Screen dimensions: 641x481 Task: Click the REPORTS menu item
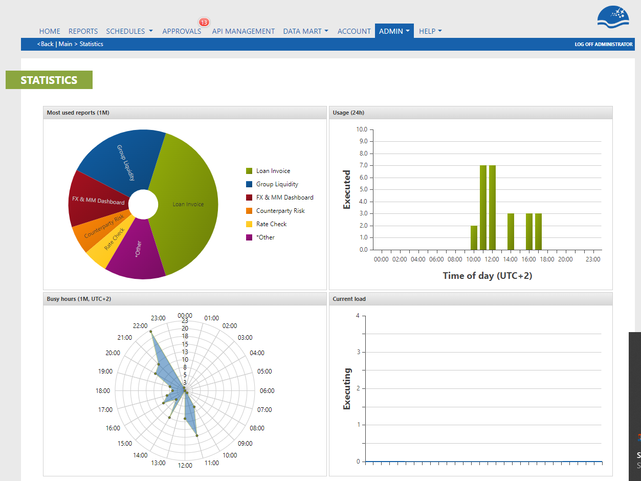tap(83, 31)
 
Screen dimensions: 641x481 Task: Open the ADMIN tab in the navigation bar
tap(394, 31)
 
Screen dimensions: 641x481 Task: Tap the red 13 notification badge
tap(204, 22)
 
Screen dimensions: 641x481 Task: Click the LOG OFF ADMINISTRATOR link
tap(603, 45)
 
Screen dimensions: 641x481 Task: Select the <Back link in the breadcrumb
tap(45, 44)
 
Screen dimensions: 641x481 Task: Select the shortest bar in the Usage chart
tap(474, 238)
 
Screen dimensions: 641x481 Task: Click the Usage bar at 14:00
tap(511, 232)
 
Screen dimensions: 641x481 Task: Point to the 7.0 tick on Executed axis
tap(364, 166)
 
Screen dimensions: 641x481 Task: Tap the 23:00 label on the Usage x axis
tap(593, 259)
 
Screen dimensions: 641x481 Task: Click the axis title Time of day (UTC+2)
tap(488, 276)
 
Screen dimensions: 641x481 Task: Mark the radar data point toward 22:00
tap(151, 332)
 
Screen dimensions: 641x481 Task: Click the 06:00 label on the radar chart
tap(267, 391)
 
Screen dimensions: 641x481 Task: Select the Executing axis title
tap(347, 389)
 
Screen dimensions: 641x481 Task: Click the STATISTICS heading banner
tap(49, 80)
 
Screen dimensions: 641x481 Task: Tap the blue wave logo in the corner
tap(613, 17)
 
